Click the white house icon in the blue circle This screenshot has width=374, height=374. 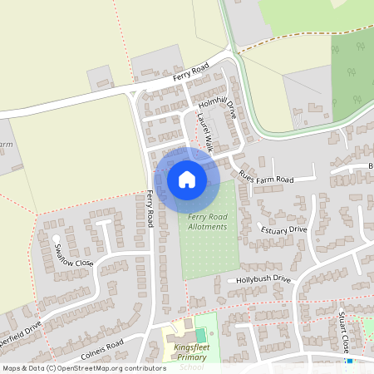[x=187, y=179]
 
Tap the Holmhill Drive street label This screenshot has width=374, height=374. [x=218, y=107]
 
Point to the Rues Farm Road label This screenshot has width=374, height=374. [x=266, y=176]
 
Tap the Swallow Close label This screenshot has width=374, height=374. [x=74, y=253]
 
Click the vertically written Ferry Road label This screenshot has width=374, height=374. [x=150, y=209]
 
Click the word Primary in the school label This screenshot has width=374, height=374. [x=190, y=358]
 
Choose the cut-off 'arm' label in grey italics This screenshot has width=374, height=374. [x=6, y=145]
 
